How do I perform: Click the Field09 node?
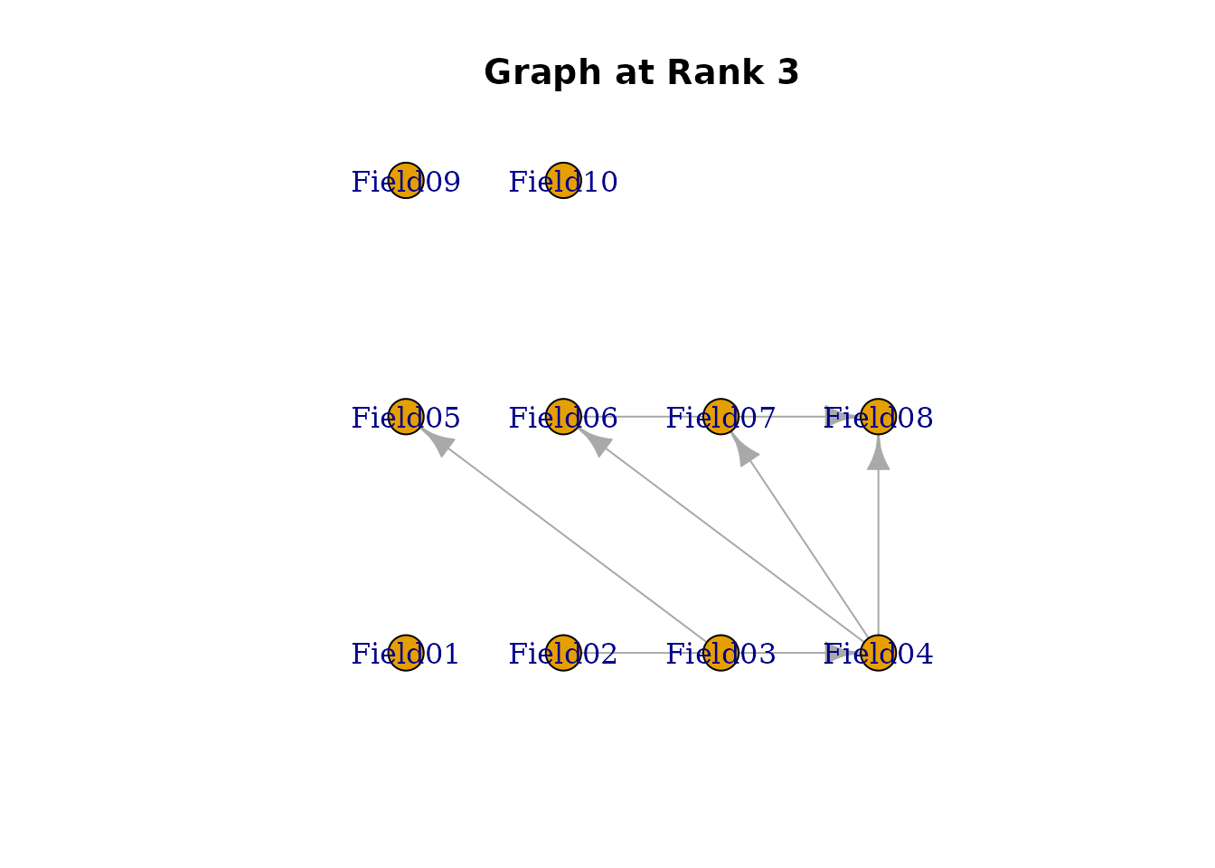pos(406,181)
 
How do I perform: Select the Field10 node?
pos(563,181)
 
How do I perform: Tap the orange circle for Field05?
pos(406,417)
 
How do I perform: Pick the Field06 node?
pos(563,417)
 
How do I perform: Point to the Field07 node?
pos(721,417)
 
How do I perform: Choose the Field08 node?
pos(878,417)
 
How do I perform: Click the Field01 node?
pos(406,653)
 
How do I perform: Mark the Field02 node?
pos(563,653)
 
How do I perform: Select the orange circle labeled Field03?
pos(721,653)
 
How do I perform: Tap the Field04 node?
pos(878,653)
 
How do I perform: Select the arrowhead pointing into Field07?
pos(745,450)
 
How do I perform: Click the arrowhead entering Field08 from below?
pos(878,454)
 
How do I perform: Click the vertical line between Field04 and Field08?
pos(878,552)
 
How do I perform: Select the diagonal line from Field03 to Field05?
pos(570,540)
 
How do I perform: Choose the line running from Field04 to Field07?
pos(805,543)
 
